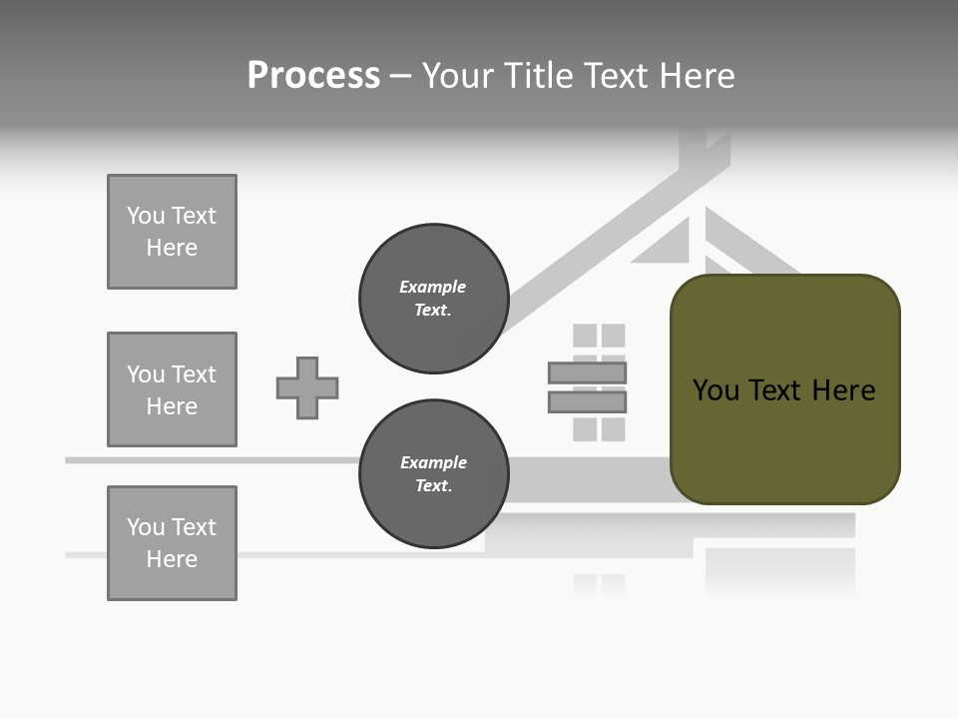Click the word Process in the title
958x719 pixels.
click(313, 76)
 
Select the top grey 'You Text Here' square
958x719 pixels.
click(172, 232)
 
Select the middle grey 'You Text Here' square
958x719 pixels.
click(172, 389)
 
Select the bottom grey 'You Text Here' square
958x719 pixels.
click(172, 543)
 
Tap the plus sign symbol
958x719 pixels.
click(307, 387)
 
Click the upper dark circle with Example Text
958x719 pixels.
click(433, 299)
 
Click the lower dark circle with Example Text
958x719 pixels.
click(433, 474)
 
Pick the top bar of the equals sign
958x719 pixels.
click(587, 372)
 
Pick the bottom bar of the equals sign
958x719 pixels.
click(587, 401)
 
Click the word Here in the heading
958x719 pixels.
click(695, 76)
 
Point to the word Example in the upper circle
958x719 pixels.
click(432, 287)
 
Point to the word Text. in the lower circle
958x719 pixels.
click(433, 486)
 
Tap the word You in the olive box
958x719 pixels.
click(717, 389)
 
